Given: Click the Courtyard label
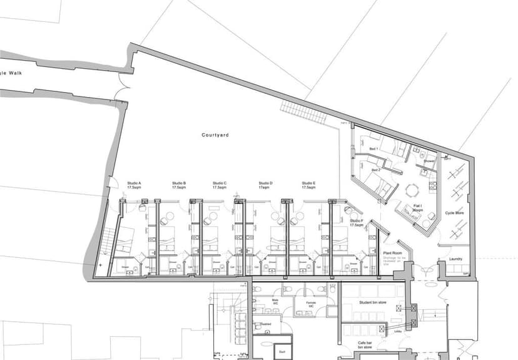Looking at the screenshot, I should tap(215, 135).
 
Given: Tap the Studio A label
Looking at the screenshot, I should tap(134, 185).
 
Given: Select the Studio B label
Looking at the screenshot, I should tap(179, 185).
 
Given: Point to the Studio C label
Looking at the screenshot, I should tap(219, 185).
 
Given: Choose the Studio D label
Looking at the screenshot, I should tap(265, 185).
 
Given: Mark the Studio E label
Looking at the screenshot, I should tap(308, 185).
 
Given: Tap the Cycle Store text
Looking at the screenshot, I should tap(454, 213).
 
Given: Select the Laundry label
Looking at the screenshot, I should tap(455, 258).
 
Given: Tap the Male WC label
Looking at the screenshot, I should tap(275, 302).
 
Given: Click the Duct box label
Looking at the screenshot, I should tap(282, 353).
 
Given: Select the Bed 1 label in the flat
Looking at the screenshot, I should tap(374, 148).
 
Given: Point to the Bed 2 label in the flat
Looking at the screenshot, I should tap(375, 170).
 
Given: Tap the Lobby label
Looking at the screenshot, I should tap(398, 331).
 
